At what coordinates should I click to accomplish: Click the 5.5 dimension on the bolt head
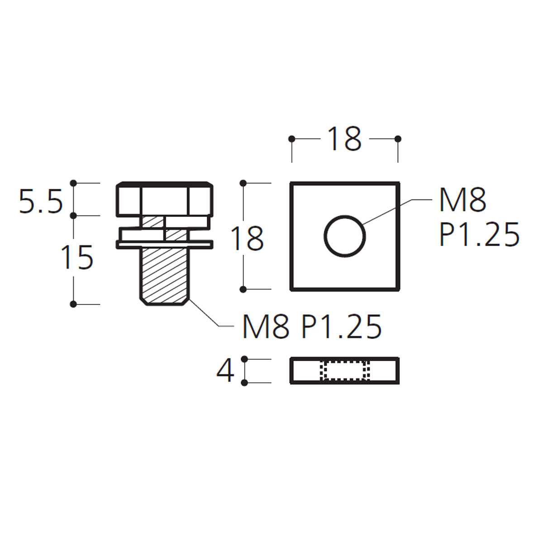(40, 202)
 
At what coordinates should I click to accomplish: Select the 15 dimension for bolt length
(77, 257)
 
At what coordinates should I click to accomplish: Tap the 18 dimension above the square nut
(344, 139)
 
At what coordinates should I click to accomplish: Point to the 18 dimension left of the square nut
(247, 238)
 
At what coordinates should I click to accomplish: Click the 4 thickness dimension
(225, 371)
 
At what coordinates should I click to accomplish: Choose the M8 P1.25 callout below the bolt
(312, 327)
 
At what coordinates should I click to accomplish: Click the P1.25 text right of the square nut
(479, 234)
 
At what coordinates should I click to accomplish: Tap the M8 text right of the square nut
(462, 200)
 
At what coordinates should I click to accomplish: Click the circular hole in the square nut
(345, 236)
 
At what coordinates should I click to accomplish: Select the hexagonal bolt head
(165, 199)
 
